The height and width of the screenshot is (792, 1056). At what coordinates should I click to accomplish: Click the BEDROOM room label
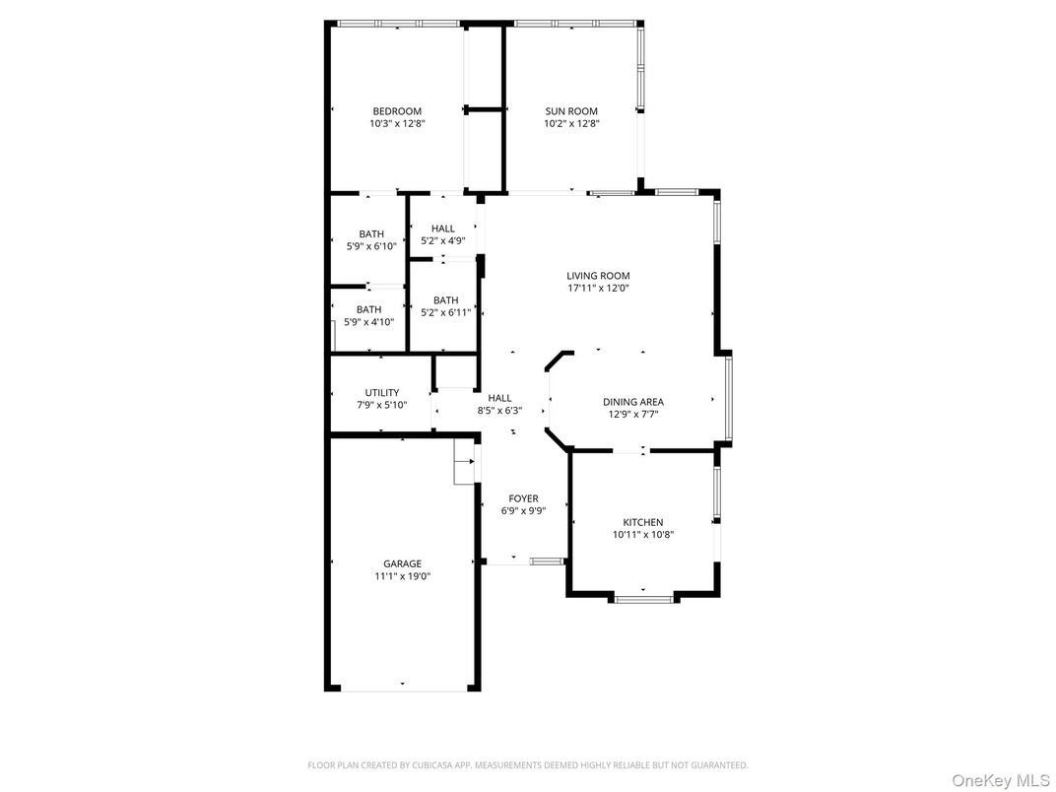coord(397,111)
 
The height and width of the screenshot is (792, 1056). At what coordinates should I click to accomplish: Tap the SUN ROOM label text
coord(571,111)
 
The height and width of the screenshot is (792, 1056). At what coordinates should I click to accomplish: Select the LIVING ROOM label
coord(598,276)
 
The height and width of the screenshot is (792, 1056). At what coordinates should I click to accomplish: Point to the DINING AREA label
coord(633,402)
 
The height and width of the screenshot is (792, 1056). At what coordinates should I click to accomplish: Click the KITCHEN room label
coord(642,522)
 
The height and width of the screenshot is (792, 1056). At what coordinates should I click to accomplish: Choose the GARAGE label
coord(402,563)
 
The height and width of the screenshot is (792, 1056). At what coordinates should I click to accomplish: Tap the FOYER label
coord(523,498)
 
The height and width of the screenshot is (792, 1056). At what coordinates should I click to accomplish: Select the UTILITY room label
coord(381,393)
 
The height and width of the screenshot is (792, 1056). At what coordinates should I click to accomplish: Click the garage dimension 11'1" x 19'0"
coord(402,576)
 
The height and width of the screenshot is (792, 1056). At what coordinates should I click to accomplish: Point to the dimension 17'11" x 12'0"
coord(598,289)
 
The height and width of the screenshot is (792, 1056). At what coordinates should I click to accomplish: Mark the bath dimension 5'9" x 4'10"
coord(368,322)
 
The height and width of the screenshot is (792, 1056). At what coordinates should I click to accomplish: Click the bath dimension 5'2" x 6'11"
coord(445,313)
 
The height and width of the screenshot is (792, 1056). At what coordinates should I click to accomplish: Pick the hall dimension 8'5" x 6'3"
coord(499,411)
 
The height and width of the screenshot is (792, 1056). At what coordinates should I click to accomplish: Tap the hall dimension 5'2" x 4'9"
coord(442,241)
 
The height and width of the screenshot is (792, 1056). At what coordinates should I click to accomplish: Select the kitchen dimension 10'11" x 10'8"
coord(642,535)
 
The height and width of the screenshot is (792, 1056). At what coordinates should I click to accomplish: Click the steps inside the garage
coord(464,462)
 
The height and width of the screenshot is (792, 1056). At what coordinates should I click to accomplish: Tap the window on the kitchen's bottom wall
coord(643,597)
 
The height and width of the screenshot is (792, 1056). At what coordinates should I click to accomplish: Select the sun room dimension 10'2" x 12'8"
coord(571,124)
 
